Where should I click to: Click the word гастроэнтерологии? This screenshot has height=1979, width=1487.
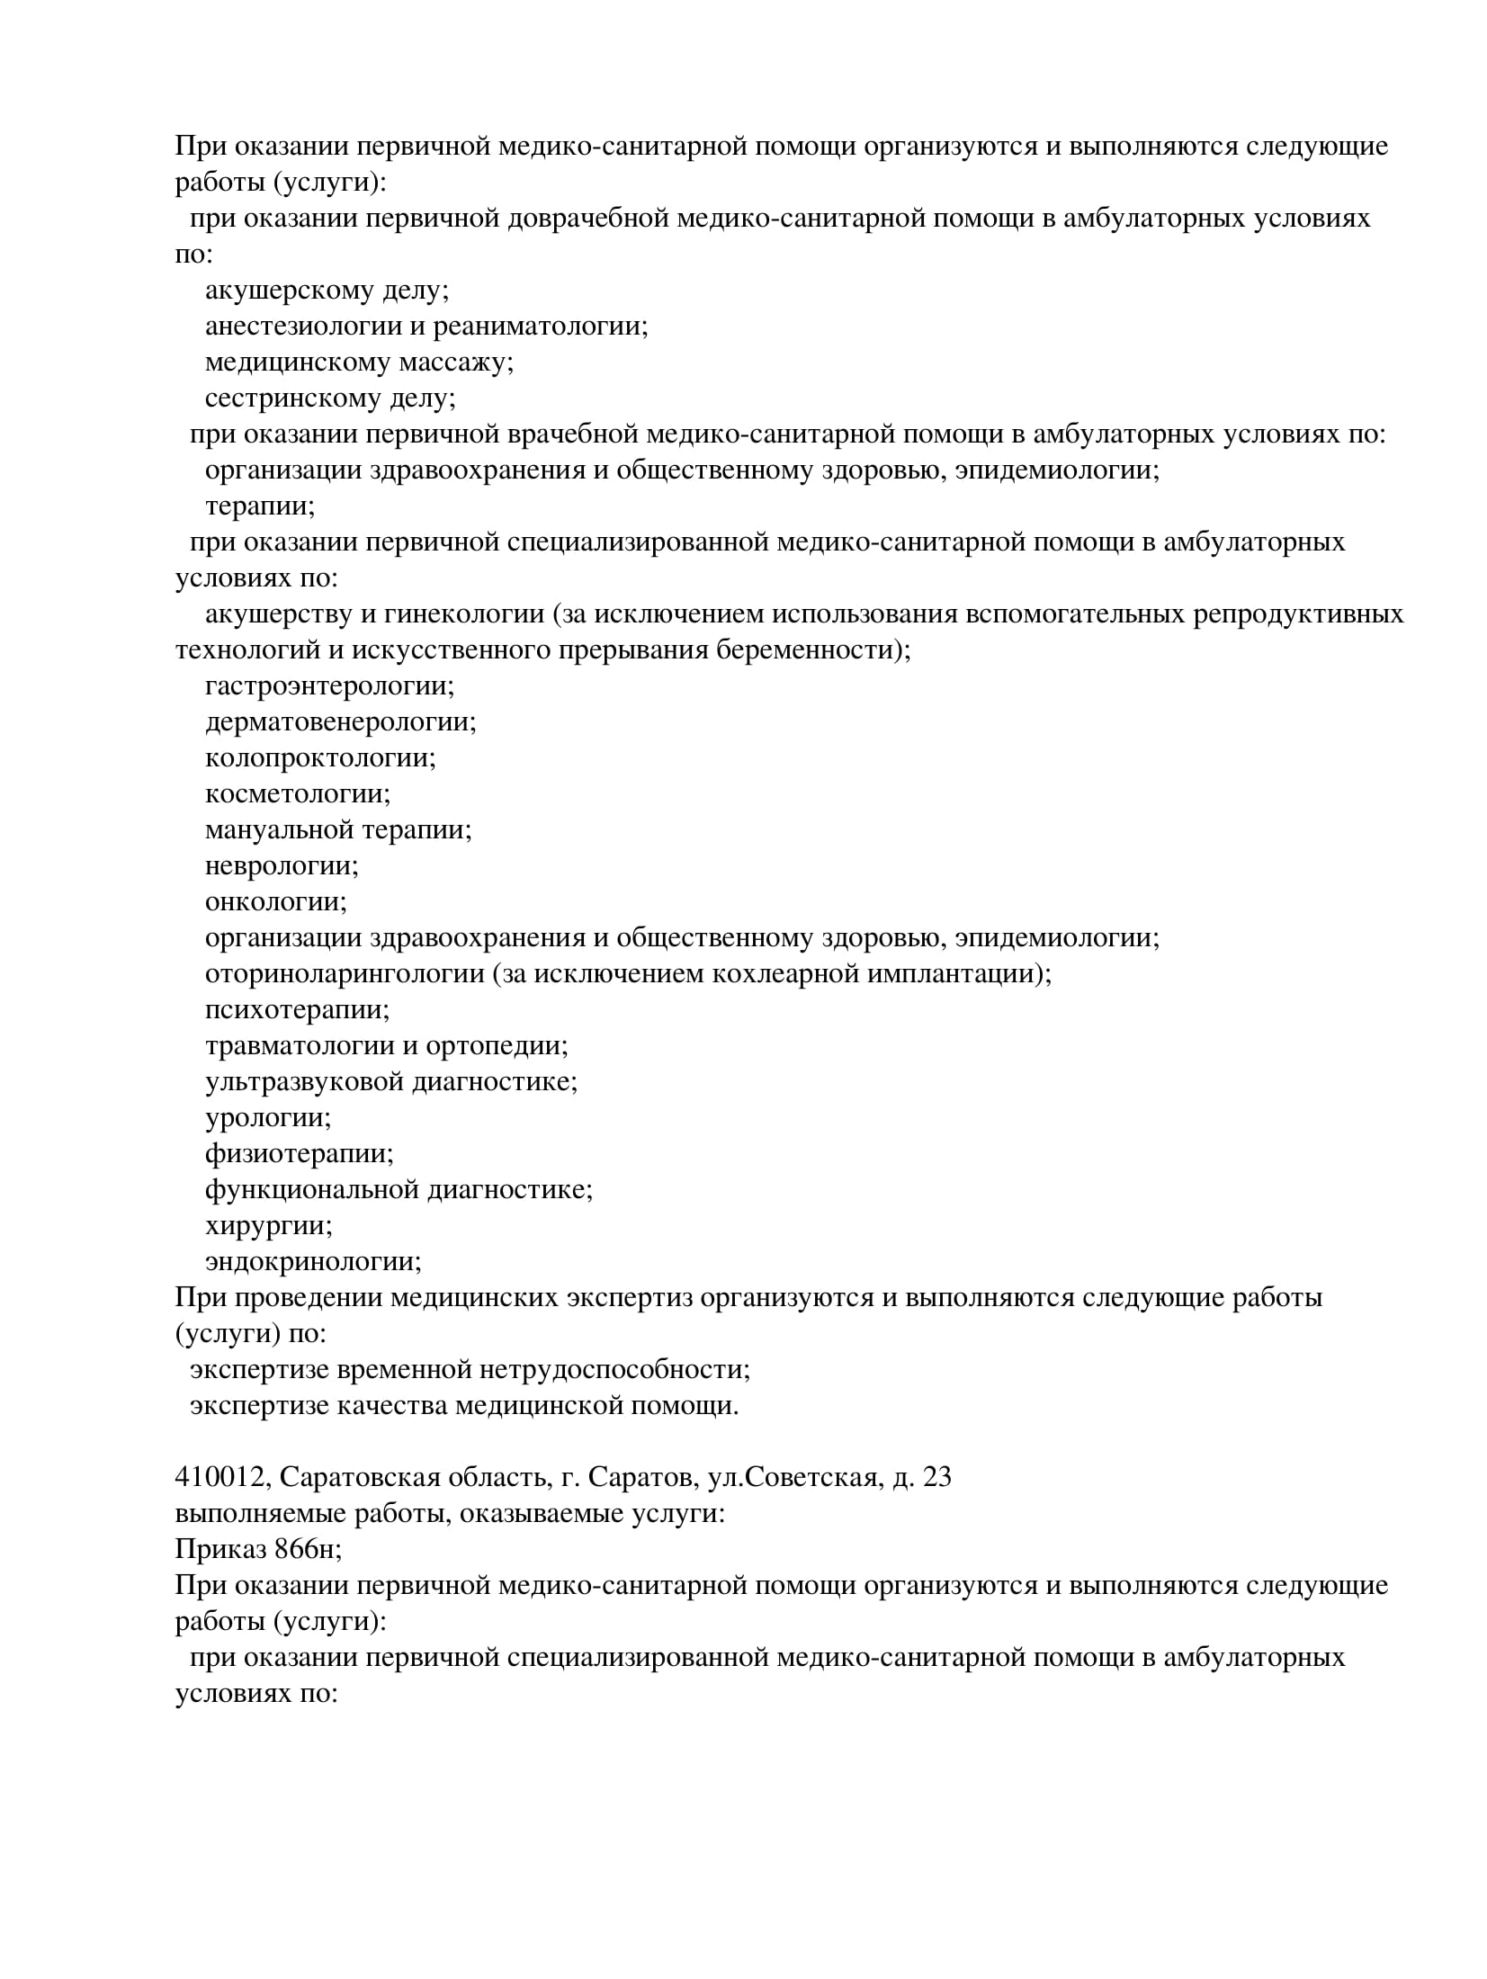(327, 686)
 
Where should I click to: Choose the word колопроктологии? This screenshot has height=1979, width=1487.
(318, 758)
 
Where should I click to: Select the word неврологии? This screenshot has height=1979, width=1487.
(280, 866)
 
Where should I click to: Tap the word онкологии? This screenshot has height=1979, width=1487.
(274, 902)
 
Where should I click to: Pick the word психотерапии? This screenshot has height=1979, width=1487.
(296, 1010)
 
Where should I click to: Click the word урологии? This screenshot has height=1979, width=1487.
(266, 1118)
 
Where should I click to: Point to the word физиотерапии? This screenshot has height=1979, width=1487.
(298, 1154)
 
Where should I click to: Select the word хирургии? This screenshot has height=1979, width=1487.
(267, 1226)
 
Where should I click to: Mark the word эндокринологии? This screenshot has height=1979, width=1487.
(311, 1262)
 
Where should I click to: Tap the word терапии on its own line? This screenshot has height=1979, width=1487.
(258, 506)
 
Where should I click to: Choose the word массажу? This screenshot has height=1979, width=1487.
(455, 363)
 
